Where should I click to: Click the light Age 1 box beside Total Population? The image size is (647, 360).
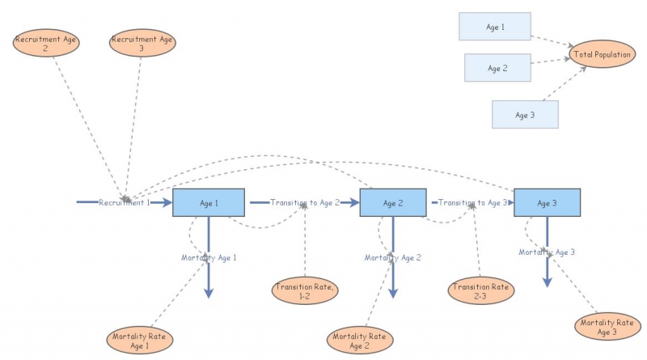point(495,27)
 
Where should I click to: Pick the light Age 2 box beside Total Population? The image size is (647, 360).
point(497,68)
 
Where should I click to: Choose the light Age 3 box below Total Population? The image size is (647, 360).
point(525,115)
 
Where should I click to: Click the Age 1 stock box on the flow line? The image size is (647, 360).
point(209,202)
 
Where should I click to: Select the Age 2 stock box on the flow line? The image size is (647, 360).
point(393,202)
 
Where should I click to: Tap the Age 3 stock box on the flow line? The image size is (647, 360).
point(548,202)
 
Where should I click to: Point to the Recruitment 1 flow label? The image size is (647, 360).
point(125,202)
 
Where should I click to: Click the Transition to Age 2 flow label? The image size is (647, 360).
point(305,202)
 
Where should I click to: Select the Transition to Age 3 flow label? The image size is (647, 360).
point(473,202)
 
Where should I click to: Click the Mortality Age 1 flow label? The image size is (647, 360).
point(209,257)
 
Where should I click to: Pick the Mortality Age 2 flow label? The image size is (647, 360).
point(393,257)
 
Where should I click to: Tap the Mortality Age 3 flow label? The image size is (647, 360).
point(547,252)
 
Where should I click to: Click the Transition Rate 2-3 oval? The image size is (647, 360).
point(480,290)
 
